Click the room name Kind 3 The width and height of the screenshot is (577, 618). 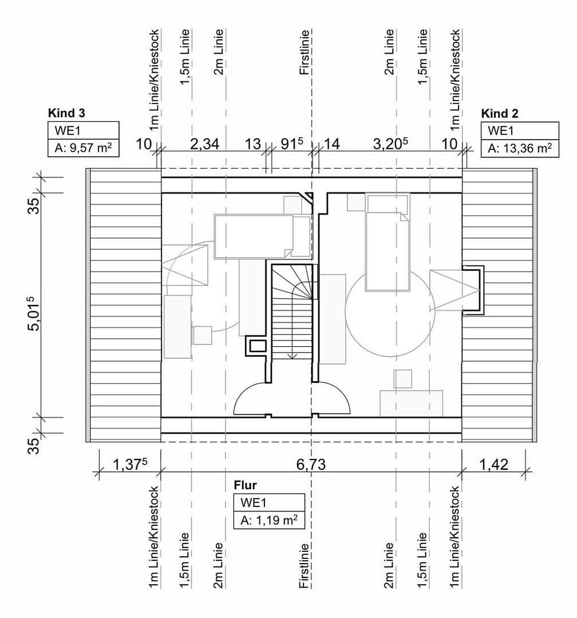click(x=67, y=112)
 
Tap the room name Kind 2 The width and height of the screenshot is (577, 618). click(x=500, y=112)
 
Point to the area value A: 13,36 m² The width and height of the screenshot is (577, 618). click(x=520, y=149)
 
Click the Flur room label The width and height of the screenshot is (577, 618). click(x=244, y=485)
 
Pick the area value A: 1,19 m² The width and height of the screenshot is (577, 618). click(x=268, y=521)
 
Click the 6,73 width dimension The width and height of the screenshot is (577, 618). click(x=311, y=465)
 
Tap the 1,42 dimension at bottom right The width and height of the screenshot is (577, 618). click(x=493, y=465)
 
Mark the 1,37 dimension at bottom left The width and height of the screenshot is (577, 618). click(x=129, y=465)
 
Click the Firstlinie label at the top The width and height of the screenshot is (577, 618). click(x=305, y=53)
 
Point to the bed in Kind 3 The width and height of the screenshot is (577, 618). click(x=261, y=236)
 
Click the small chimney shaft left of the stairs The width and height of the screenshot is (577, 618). click(x=256, y=345)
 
